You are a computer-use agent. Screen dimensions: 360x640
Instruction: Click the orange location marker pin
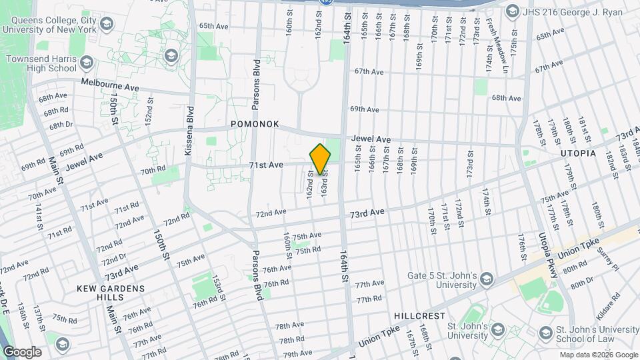click(x=321, y=159)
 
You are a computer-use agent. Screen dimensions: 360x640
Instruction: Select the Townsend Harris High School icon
click(x=85, y=63)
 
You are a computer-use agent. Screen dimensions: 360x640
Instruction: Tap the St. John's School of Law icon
click(x=545, y=333)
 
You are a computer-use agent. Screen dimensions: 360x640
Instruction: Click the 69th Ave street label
click(x=365, y=109)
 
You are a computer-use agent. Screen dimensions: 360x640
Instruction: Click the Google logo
click(x=22, y=351)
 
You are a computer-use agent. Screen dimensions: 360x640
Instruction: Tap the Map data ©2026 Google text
click(x=598, y=355)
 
